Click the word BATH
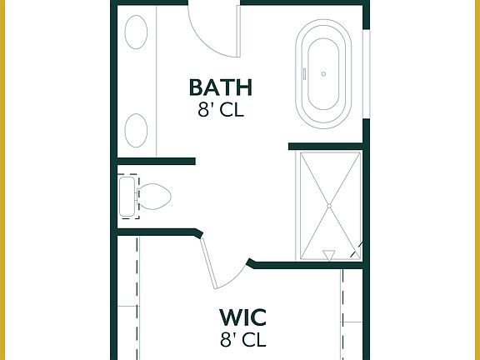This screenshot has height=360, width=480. pos(220,87)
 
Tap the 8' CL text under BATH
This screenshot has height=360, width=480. pos(220,110)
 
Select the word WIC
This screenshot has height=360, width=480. pos(242,317)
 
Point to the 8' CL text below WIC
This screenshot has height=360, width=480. pos(242,339)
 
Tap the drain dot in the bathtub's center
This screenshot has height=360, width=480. pos(323,74)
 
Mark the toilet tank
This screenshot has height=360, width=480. pos(127,197)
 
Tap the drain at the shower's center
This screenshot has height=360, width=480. pos(329,205)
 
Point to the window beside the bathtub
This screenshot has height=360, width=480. pos(367,75)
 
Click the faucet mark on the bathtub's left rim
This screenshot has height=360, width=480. pos(305,73)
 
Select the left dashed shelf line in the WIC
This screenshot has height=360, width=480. pos(137,300)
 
